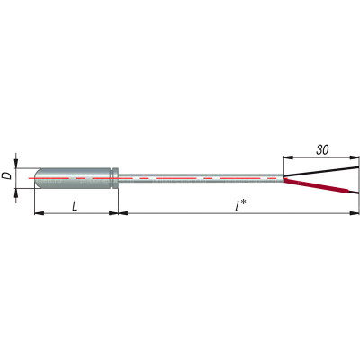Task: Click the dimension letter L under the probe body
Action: click(x=75, y=206)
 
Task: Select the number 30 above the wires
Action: click(x=322, y=149)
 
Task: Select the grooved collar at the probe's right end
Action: click(x=115, y=178)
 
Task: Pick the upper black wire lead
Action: click(x=321, y=171)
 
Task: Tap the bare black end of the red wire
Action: click(x=354, y=192)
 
